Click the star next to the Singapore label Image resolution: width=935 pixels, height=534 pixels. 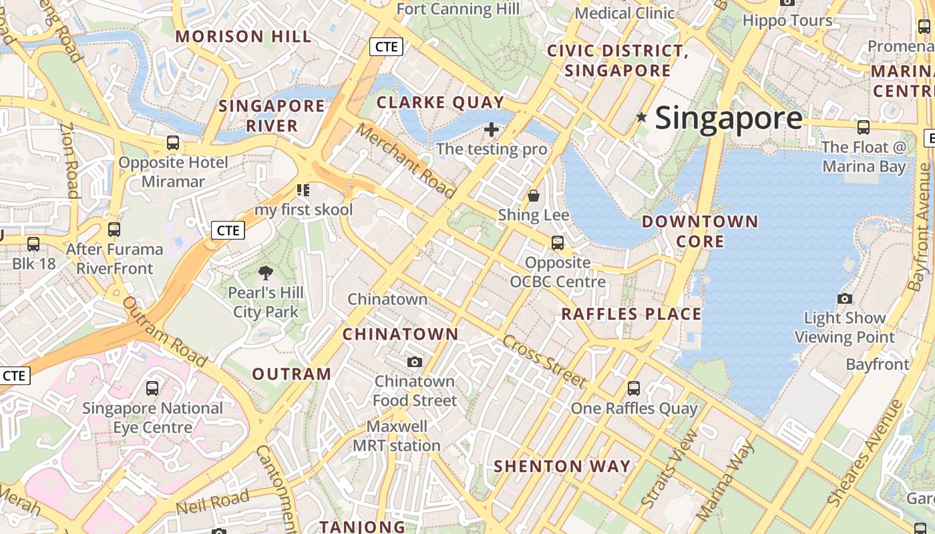[642, 117]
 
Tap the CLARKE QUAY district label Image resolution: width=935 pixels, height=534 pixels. [440, 102]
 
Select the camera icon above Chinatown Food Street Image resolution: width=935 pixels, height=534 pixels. [415, 362]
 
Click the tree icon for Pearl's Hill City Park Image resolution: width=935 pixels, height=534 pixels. [265, 272]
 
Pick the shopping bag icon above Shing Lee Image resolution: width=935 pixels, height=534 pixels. [534, 196]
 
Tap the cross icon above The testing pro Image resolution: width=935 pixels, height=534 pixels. [492, 129]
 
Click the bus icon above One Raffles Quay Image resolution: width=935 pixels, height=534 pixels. [634, 388]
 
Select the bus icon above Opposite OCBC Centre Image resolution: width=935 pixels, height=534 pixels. [558, 243]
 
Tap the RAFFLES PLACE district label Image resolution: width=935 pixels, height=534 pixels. [631, 314]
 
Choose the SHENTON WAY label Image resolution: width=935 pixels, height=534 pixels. [562, 466]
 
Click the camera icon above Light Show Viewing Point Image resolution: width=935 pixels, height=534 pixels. [845, 298]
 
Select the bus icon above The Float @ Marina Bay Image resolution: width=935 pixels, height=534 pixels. [864, 127]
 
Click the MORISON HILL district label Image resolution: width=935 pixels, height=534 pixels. [243, 37]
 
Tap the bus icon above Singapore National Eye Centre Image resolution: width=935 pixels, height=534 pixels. [152, 388]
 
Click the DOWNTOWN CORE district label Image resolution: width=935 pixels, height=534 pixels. [700, 231]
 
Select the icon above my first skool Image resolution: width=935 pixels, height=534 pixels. [304, 190]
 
